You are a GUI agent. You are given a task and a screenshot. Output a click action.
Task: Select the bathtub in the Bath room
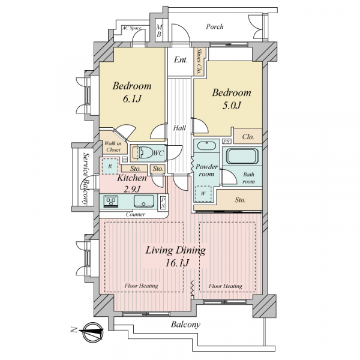242,156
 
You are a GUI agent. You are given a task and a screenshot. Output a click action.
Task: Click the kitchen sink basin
144,201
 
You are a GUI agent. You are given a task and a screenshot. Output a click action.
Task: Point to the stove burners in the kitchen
111,201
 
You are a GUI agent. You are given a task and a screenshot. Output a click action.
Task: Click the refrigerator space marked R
110,166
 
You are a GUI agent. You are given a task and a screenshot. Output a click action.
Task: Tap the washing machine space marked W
203,194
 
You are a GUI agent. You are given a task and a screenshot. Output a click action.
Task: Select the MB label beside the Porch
159,31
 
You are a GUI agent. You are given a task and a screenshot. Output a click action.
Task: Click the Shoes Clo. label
199,61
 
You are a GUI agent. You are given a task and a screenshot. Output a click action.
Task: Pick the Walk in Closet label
113,147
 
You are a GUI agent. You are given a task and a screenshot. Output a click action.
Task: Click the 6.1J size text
132,99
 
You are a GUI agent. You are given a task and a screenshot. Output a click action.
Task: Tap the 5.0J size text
232,106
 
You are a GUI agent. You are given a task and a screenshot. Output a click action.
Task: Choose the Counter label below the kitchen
136,214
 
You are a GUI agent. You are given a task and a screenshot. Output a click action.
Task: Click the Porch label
215,26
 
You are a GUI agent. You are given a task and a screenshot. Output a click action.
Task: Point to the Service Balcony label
85,179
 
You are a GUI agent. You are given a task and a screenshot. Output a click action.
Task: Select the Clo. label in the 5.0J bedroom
248,137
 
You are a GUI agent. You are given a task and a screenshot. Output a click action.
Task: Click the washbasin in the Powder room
206,146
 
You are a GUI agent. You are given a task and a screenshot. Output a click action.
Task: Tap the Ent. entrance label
181,60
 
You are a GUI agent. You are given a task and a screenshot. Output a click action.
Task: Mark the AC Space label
132,28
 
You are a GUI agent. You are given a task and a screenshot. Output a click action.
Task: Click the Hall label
179,128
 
